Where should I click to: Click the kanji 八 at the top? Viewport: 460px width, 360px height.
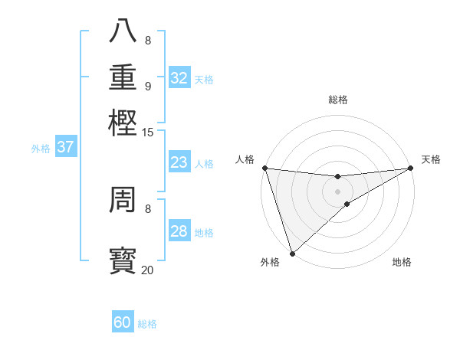pyautogui.click(x=123, y=31)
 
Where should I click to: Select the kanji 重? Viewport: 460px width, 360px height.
pyautogui.click(x=123, y=76)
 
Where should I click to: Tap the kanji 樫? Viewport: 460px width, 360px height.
pyautogui.click(x=123, y=122)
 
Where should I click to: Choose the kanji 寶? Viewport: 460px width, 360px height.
pyautogui.click(x=123, y=259)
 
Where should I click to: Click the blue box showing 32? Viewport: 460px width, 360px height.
pyautogui.click(x=179, y=78)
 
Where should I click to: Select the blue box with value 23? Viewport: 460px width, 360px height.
pyautogui.click(x=179, y=162)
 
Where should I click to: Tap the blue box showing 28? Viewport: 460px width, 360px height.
pyautogui.click(x=179, y=231)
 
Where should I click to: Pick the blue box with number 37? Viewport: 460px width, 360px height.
pyautogui.click(x=65, y=147)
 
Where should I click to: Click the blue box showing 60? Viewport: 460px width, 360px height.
pyautogui.click(x=123, y=322)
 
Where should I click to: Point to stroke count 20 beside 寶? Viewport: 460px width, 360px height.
pyautogui.click(x=147, y=270)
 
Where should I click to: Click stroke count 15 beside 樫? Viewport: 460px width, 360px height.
pyautogui.click(x=147, y=133)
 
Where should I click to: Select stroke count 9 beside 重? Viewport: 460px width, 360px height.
pyautogui.click(x=148, y=86)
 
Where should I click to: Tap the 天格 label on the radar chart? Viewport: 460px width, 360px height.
pyautogui.click(x=431, y=159)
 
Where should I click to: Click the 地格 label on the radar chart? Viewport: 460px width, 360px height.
pyautogui.click(x=402, y=262)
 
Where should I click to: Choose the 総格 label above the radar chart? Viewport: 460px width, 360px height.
pyautogui.click(x=337, y=100)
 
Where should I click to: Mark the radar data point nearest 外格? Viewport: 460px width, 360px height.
pyautogui.click(x=291, y=254)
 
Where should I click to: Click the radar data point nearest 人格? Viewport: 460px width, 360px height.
pyautogui.click(x=264, y=168)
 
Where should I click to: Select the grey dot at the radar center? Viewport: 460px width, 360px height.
pyautogui.click(x=337, y=191)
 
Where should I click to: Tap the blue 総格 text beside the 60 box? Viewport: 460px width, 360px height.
pyautogui.click(x=147, y=324)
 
